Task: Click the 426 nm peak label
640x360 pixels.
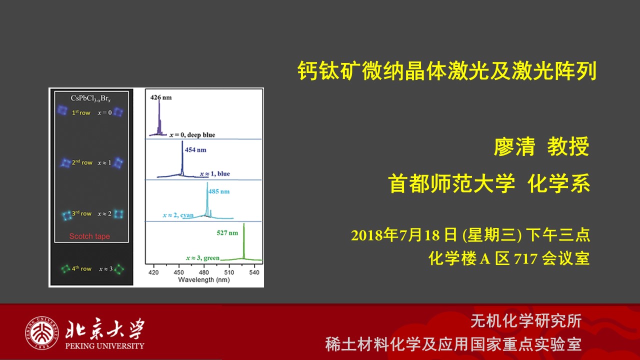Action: [x=161, y=97]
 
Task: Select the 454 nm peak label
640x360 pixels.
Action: [x=195, y=149]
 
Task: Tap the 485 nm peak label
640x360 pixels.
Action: [x=219, y=191]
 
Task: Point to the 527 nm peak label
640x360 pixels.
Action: [x=227, y=233]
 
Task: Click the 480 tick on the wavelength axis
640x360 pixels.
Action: [x=203, y=272]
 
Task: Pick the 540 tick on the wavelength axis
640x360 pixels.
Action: [x=254, y=272]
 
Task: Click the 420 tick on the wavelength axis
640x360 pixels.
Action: [x=153, y=272]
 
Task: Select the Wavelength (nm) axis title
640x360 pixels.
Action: [x=204, y=279]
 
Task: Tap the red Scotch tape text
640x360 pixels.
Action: [x=89, y=236]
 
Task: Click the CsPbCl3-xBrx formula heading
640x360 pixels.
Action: [x=90, y=98]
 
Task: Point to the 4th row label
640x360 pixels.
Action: [x=81, y=268]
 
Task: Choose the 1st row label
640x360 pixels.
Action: [x=81, y=112]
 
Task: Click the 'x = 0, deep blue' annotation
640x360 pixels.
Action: [x=192, y=135]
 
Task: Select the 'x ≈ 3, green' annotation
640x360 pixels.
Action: [x=202, y=258]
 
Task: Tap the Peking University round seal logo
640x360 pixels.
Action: [x=42, y=333]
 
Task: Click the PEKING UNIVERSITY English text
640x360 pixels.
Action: [x=105, y=346]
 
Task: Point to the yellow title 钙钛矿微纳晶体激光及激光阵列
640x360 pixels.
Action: [x=447, y=70]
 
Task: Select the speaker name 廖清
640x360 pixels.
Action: [x=514, y=146]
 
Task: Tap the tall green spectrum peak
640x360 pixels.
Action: [x=243, y=241]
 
